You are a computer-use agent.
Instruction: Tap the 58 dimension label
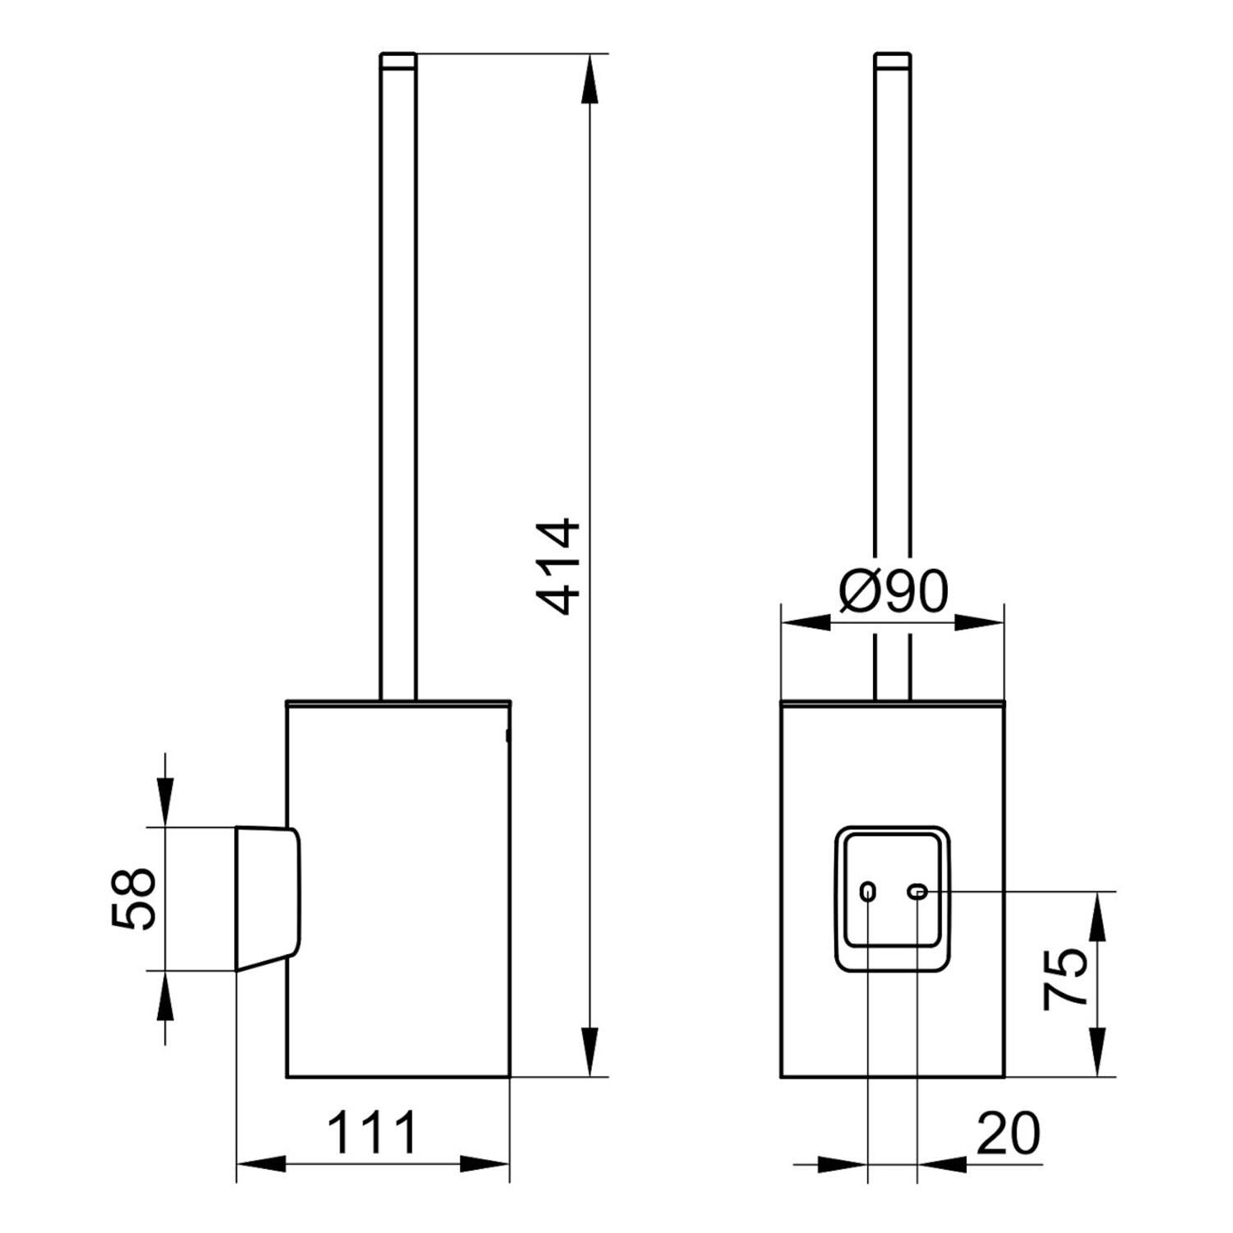pos(132,898)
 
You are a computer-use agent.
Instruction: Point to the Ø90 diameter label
pos(894,592)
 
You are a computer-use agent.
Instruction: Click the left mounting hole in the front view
pos(868,891)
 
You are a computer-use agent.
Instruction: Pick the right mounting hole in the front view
pos(917,891)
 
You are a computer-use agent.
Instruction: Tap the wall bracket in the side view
pos(268,898)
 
